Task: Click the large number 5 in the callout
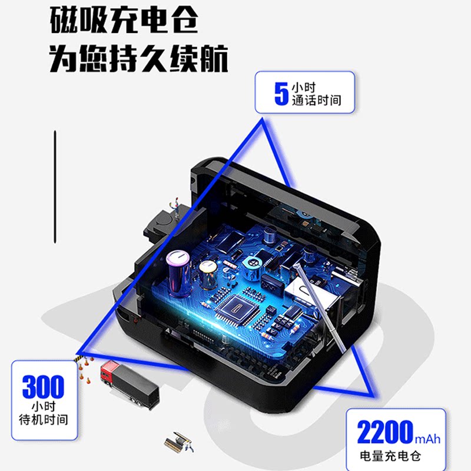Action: pos(281,93)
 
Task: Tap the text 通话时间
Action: pos(316,100)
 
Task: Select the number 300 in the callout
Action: pos(44,387)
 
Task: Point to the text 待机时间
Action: pos(44,420)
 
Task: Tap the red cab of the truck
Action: pos(110,372)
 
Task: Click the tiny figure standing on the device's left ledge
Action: pos(174,207)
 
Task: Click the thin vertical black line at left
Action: pos(55,186)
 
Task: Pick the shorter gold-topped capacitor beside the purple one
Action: pos(207,274)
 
